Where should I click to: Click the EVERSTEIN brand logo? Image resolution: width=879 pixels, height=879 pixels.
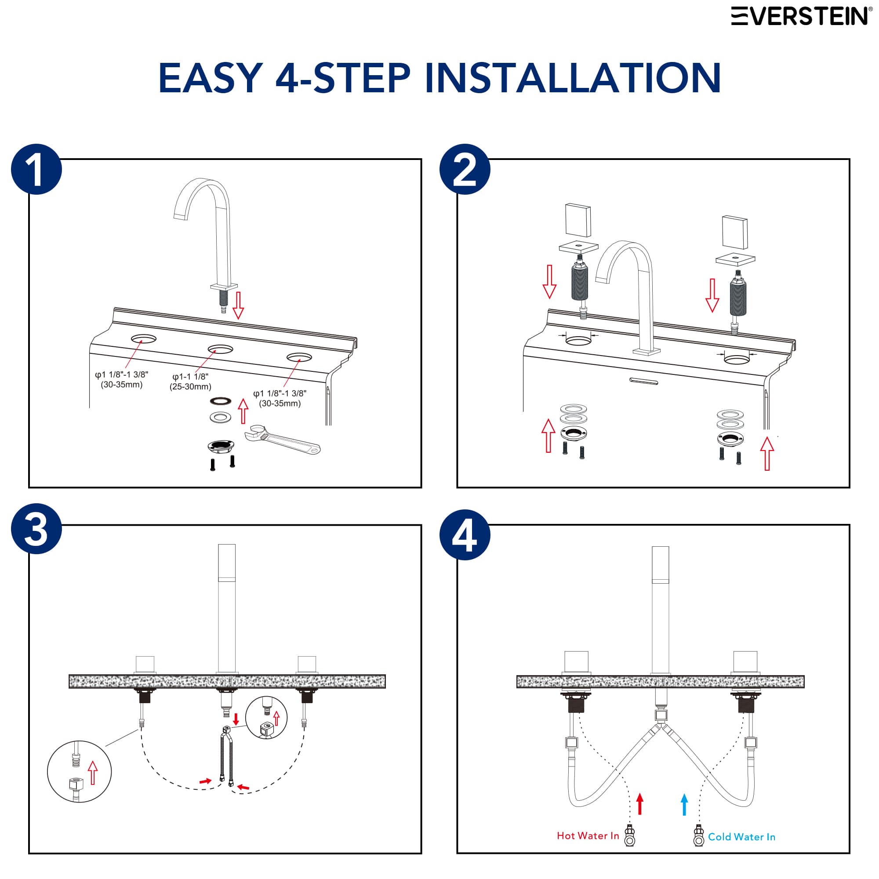click(x=801, y=16)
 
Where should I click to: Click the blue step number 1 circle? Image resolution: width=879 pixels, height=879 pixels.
click(x=36, y=169)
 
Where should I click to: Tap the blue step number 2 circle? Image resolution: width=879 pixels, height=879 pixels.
click(x=465, y=169)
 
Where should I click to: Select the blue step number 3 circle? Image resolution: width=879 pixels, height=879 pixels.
click(x=36, y=528)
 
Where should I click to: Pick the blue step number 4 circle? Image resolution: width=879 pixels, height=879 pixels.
click(x=465, y=534)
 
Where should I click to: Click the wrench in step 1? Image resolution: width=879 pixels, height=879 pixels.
click(x=282, y=439)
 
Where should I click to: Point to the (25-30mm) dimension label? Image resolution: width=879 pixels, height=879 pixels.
click(x=190, y=387)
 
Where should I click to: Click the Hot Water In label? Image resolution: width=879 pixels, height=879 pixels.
click(x=587, y=836)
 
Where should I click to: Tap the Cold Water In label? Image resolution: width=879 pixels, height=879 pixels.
click(x=741, y=837)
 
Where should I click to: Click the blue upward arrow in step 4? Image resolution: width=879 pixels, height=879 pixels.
click(x=684, y=804)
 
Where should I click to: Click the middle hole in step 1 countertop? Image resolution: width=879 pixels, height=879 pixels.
click(x=220, y=349)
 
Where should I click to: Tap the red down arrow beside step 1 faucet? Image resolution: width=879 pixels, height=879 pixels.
click(x=238, y=305)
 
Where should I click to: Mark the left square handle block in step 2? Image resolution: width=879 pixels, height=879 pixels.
click(x=578, y=220)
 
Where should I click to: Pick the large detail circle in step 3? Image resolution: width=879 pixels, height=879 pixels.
click(x=79, y=771)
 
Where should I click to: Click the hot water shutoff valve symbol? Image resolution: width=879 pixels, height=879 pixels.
click(x=630, y=835)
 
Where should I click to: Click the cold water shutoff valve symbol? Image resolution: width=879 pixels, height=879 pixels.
click(x=698, y=836)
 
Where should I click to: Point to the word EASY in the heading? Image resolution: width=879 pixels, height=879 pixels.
click(x=210, y=78)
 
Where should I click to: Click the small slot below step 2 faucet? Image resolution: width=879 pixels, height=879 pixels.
click(x=644, y=381)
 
